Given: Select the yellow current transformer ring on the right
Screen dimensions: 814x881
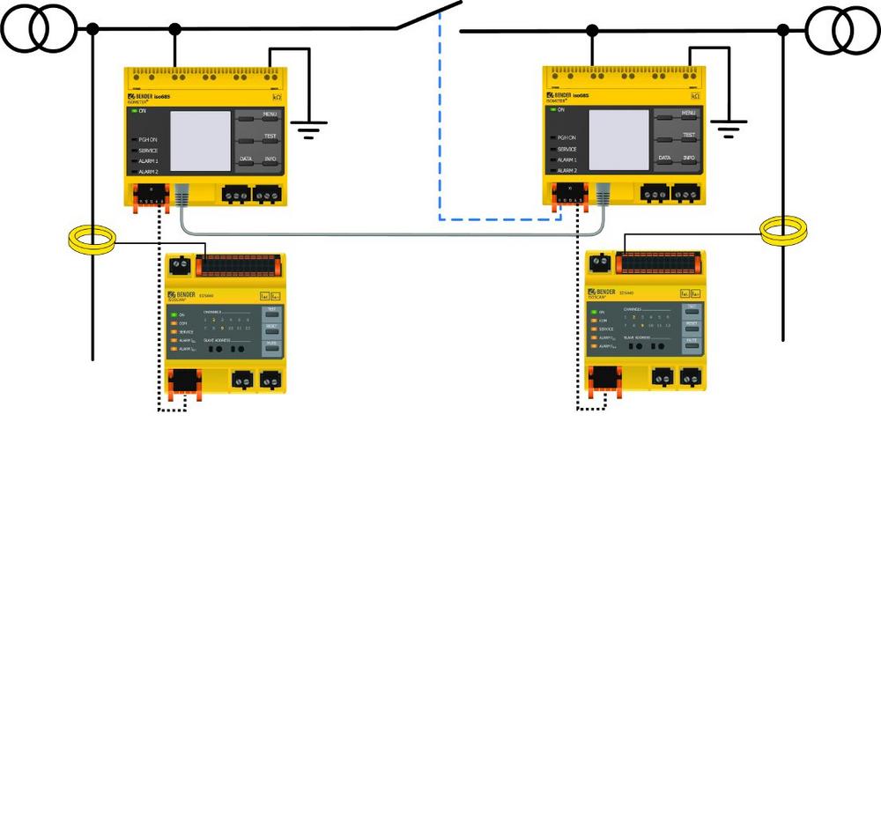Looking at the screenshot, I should pos(783,231).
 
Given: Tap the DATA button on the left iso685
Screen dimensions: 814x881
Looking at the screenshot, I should pos(247,159).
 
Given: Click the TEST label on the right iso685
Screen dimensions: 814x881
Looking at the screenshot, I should pos(689,135).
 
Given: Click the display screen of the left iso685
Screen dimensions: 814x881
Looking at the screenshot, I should pos(199,141).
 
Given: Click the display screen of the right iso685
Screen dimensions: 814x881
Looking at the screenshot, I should pos(618,141).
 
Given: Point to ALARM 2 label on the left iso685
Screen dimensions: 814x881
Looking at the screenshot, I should pos(148,172).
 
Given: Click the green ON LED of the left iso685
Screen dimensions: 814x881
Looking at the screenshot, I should pos(134,111).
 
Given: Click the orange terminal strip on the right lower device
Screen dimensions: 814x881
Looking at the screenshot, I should pos(659,263).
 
